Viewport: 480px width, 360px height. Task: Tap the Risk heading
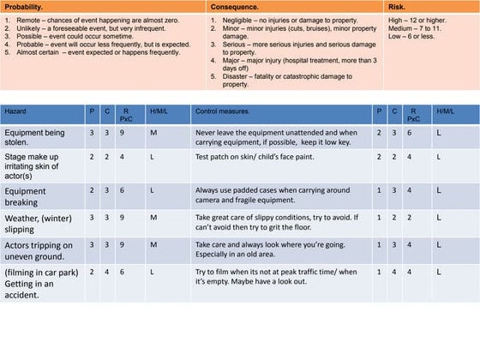click(398, 7)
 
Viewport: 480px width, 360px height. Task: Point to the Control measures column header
click(222, 112)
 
